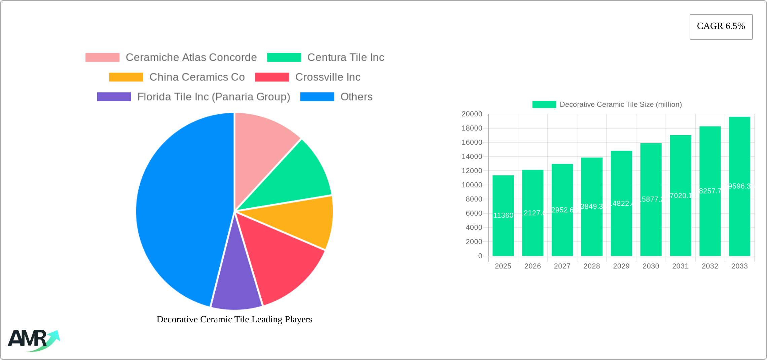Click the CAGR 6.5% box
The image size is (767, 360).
click(721, 27)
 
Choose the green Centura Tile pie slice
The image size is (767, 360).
click(296, 178)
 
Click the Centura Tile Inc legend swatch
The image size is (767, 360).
click(284, 58)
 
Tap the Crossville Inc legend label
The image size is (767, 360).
click(328, 77)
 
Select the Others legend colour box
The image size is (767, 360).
click(317, 97)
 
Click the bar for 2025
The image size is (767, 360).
click(503, 229)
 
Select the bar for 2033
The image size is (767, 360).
click(739, 202)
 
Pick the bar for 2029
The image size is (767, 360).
click(621, 219)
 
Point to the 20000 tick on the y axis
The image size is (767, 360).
click(472, 114)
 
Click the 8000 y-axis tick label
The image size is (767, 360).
click(474, 199)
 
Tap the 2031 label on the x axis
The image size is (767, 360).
click(680, 266)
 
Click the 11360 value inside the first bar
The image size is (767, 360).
click(503, 215)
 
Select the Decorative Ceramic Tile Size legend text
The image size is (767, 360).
click(620, 105)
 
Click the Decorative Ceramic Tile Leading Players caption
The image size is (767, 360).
click(234, 319)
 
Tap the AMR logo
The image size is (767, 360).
click(33, 340)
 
